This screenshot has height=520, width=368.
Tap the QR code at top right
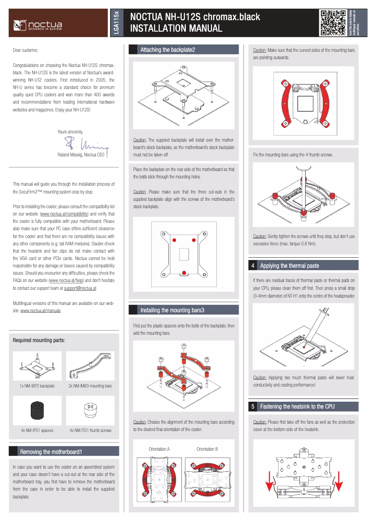[x=333, y=23]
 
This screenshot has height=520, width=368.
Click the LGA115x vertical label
[x=116, y=23]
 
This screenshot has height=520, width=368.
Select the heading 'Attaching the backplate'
[x=167, y=50]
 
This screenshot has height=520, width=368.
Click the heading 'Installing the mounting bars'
[x=172, y=310]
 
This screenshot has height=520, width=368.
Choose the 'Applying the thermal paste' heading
[x=289, y=266]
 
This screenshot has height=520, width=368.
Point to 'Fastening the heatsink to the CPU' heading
[x=297, y=406]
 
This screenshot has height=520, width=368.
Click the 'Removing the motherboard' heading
[x=50, y=452]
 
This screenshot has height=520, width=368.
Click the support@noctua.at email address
[x=80, y=288]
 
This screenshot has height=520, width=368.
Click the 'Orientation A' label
[x=159, y=449]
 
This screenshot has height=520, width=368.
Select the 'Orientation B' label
[x=207, y=449]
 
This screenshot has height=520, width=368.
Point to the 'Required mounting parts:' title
[x=39, y=340]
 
